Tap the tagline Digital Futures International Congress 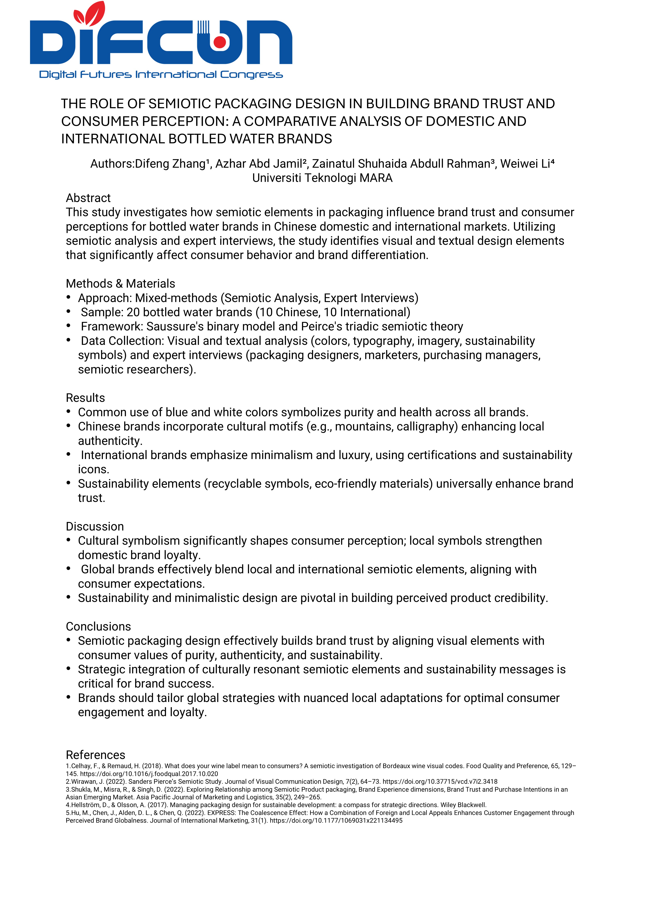pyautogui.click(x=161, y=75)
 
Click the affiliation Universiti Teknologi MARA pyautogui.click(x=322, y=178)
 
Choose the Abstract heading pyautogui.click(x=88, y=198)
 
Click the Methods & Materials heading pyautogui.click(x=120, y=284)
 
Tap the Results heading pyautogui.click(x=85, y=398)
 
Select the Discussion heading pyautogui.click(x=95, y=526)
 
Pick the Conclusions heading pyautogui.click(x=98, y=626)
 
